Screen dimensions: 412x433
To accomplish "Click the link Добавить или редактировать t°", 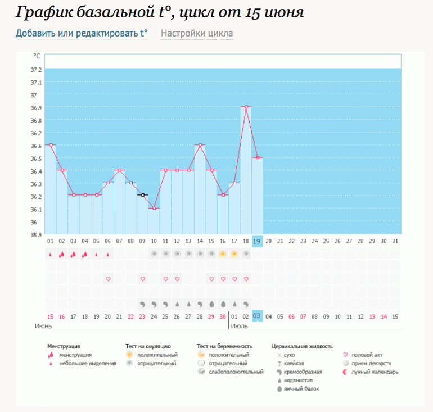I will (82, 33).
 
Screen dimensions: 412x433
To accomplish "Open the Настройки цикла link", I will (197, 33).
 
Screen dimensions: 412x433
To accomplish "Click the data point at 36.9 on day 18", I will (246, 107).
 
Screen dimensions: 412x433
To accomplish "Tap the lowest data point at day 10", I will (154, 209).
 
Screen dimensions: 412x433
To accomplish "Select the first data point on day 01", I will (51, 144).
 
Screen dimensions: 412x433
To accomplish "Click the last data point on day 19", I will (258, 157).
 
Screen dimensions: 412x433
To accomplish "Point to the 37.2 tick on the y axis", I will (37, 70).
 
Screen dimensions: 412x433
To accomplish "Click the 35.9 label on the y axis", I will (37, 235).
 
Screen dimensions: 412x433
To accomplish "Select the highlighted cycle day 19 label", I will (258, 241).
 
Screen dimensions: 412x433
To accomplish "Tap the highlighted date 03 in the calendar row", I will (258, 316).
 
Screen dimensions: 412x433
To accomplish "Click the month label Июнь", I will (44, 326).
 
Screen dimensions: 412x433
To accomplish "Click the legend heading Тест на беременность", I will (224, 347).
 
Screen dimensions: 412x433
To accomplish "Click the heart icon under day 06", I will (108, 279).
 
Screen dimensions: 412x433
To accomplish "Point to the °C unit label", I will (37, 56).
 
